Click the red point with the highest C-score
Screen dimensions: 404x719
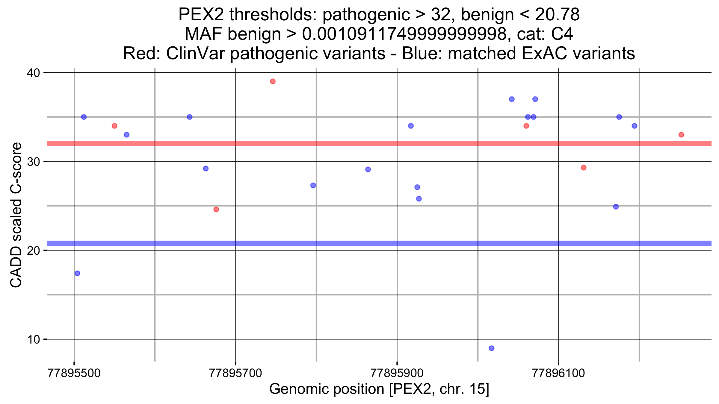click(x=273, y=81)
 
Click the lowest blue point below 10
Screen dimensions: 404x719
click(x=491, y=348)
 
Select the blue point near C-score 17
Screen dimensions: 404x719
click(x=77, y=273)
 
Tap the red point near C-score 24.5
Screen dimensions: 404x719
click(x=216, y=209)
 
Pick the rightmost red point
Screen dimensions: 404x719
click(x=681, y=135)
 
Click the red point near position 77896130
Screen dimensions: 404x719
click(x=584, y=168)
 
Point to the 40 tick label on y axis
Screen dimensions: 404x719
click(x=33, y=73)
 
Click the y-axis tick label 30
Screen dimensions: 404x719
click(x=33, y=162)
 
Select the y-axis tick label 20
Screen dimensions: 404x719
click(x=33, y=251)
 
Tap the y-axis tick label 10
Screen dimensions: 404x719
click(x=33, y=340)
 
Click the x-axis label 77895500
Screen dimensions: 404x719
click(x=74, y=373)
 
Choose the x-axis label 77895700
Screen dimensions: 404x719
click(x=235, y=373)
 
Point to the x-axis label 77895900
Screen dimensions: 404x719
click(x=397, y=373)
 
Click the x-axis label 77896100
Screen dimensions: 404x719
click(x=558, y=373)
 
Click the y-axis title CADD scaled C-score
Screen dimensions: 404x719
click(x=16, y=215)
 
